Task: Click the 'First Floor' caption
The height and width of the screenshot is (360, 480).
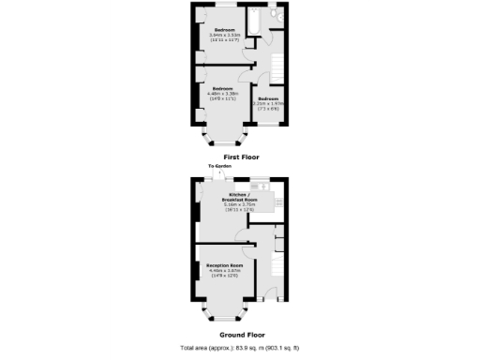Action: [241, 157]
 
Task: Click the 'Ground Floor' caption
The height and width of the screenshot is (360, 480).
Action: [240, 335]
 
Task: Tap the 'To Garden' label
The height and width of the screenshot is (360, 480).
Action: [220, 166]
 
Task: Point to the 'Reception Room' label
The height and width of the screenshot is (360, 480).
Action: [225, 265]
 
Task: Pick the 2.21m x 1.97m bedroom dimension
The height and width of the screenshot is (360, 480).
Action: [269, 103]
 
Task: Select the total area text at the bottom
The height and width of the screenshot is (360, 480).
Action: [240, 348]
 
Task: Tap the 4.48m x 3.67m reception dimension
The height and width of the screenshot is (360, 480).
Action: [225, 271]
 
